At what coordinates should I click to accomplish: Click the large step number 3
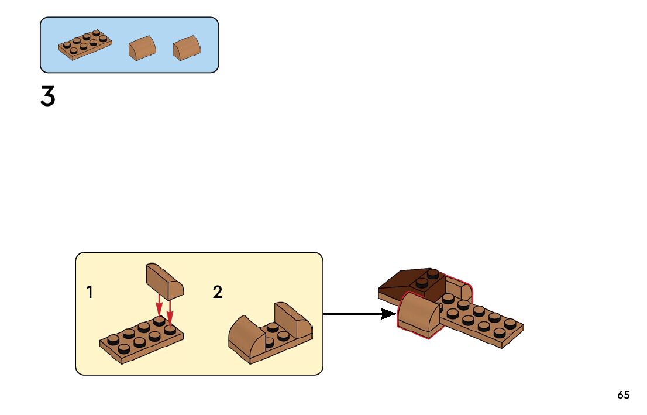(47, 97)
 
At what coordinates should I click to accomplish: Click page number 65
(623, 395)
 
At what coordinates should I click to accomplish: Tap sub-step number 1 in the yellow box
(90, 292)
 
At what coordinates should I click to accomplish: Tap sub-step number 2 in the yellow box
(218, 292)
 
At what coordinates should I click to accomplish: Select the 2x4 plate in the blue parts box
(85, 44)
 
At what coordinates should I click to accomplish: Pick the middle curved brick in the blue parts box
(142, 48)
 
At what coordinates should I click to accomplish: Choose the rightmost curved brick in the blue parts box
(187, 47)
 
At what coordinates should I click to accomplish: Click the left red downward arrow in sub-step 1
(159, 307)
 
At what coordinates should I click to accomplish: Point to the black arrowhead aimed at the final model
(388, 314)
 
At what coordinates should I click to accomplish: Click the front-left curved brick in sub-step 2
(246, 338)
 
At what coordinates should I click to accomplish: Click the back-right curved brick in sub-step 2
(292, 319)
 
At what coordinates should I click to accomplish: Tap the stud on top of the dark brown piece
(432, 273)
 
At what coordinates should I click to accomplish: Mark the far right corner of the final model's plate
(522, 325)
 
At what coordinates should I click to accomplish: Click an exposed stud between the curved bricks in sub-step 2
(273, 327)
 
